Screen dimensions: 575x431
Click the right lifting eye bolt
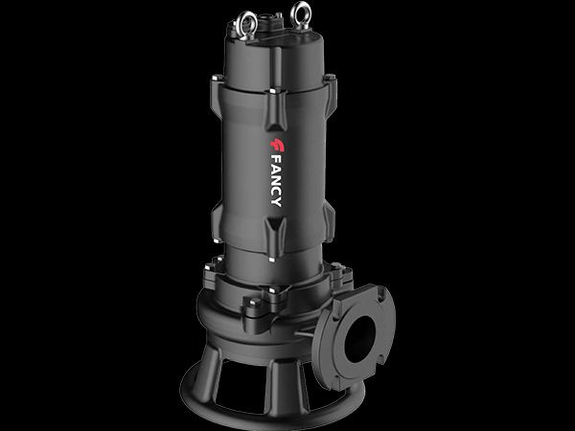click(x=301, y=15)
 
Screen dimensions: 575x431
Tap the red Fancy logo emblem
click(x=277, y=146)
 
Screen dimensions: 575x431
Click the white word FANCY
click(x=277, y=181)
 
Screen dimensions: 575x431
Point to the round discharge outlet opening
click(x=360, y=339)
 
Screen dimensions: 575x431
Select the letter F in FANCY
click(x=277, y=159)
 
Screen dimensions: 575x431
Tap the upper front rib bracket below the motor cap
click(x=277, y=109)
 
